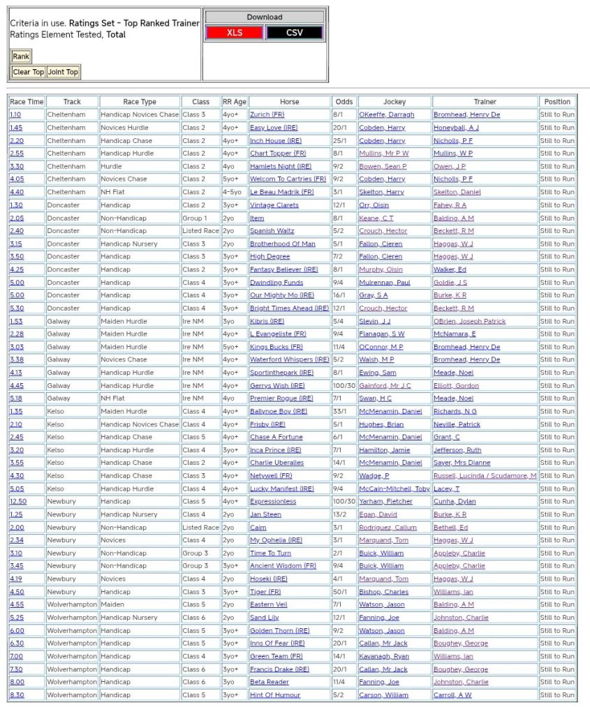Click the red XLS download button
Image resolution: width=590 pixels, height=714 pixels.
click(235, 33)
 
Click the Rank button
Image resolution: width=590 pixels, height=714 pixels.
click(21, 57)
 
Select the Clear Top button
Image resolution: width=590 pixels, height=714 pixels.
click(29, 72)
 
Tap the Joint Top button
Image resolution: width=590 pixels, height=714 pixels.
click(63, 72)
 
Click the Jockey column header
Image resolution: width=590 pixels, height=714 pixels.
click(394, 102)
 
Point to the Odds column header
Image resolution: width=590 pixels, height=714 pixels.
click(344, 102)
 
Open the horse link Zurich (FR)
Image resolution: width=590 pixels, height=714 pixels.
click(267, 114)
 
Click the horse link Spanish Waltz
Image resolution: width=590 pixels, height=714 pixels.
click(272, 231)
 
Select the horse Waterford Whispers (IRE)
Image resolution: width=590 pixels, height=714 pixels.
click(289, 359)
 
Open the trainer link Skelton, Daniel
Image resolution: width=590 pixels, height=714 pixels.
click(457, 192)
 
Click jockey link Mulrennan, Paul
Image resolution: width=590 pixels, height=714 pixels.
click(385, 283)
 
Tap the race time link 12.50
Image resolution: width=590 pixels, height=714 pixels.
click(19, 501)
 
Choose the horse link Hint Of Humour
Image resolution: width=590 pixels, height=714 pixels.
click(275, 695)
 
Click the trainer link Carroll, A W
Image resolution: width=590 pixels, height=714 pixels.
click(452, 695)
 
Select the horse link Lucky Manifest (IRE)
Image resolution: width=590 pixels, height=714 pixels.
click(282, 489)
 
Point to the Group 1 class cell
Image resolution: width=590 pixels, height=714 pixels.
click(195, 218)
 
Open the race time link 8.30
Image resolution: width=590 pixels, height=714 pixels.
click(17, 695)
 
